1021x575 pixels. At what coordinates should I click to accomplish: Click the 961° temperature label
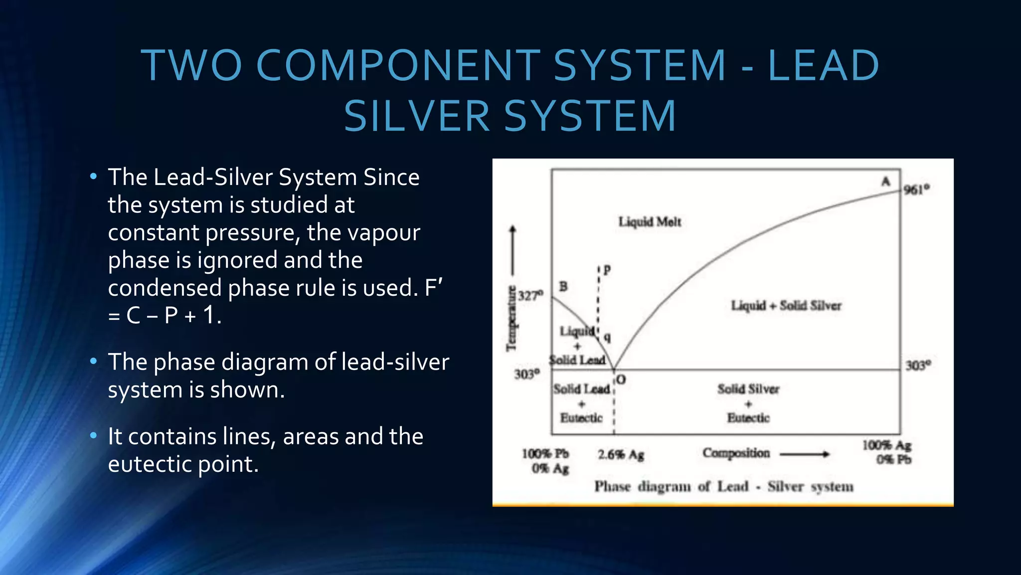click(x=916, y=190)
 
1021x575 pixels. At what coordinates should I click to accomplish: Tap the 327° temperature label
click(x=530, y=296)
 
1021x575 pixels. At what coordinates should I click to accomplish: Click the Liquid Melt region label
click(x=650, y=222)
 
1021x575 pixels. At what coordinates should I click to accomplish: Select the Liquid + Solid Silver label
click(x=786, y=305)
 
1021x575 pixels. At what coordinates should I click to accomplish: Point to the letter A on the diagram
click(x=885, y=181)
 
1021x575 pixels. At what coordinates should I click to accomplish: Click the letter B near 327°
click(x=563, y=286)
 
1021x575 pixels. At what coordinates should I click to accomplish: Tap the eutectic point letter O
click(x=621, y=380)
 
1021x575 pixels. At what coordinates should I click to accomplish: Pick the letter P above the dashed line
click(x=607, y=270)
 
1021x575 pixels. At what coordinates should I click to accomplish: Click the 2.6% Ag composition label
click(x=621, y=455)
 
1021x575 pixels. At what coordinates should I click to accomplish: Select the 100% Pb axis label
click(x=545, y=454)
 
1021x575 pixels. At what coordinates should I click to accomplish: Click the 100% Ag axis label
click(x=887, y=445)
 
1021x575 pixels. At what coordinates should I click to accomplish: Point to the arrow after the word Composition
click(x=804, y=454)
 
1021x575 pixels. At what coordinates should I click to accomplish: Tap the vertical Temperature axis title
click(x=511, y=319)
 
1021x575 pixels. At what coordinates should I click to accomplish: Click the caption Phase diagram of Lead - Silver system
click(x=723, y=486)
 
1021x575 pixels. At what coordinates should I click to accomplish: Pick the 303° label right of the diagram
click(x=918, y=366)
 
